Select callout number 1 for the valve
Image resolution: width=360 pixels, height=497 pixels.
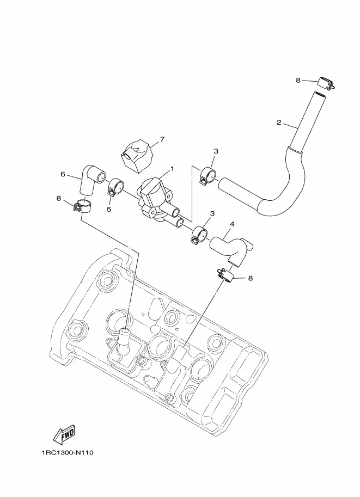[172, 169]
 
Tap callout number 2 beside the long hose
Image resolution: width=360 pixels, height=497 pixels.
[279, 122]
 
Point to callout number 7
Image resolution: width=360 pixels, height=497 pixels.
[162, 139]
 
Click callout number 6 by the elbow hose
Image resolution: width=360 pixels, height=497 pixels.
[63, 174]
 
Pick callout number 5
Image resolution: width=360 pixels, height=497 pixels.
[109, 210]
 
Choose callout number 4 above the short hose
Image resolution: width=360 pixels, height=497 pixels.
[232, 224]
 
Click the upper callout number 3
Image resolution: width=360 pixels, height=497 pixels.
[216, 151]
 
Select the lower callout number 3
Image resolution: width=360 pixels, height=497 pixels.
[212, 213]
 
